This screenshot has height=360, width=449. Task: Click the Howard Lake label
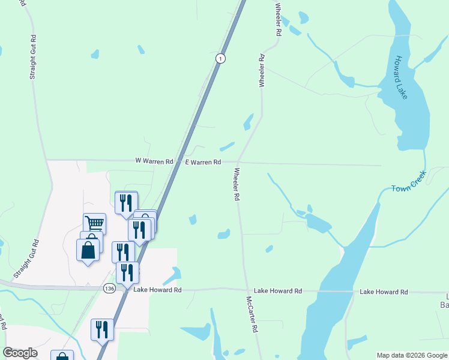pos(400,77)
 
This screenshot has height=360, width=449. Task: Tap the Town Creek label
pos(409,182)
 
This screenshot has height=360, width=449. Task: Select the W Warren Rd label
pos(154,161)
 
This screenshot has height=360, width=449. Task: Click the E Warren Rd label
pos(203,162)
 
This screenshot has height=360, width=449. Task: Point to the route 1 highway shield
pos(221,58)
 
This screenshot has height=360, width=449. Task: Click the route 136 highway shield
pos(109,289)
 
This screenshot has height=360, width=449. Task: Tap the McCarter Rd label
pos(252,314)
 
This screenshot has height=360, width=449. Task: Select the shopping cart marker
pos(94,224)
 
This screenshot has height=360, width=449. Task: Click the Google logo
pos(20,353)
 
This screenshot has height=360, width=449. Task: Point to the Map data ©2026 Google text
pos(412,355)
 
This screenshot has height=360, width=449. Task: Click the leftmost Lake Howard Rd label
pos(157,290)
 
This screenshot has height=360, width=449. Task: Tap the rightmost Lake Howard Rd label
pos(384,292)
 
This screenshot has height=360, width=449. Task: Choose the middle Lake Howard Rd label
pos(277,291)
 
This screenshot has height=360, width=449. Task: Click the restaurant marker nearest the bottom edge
pos(103,329)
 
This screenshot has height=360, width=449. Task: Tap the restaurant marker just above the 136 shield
pos(127,272)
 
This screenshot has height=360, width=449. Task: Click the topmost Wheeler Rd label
pos(278,20)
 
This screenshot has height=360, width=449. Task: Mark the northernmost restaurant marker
pos(126,202)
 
